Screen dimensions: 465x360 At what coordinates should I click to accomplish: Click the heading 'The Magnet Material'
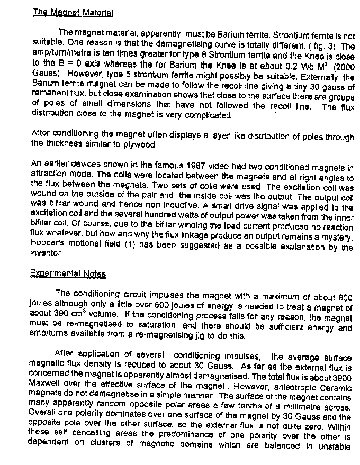(73, 12)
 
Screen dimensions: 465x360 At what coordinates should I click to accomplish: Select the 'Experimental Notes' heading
(69, 274)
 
